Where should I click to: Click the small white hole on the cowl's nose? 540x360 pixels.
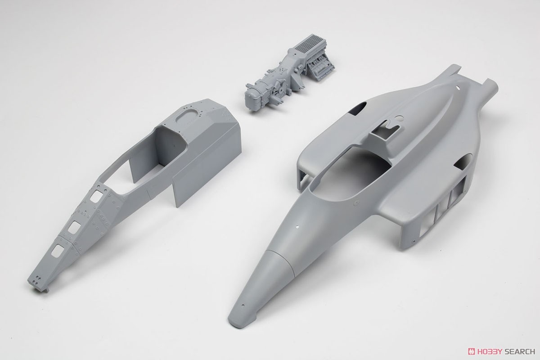297,227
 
